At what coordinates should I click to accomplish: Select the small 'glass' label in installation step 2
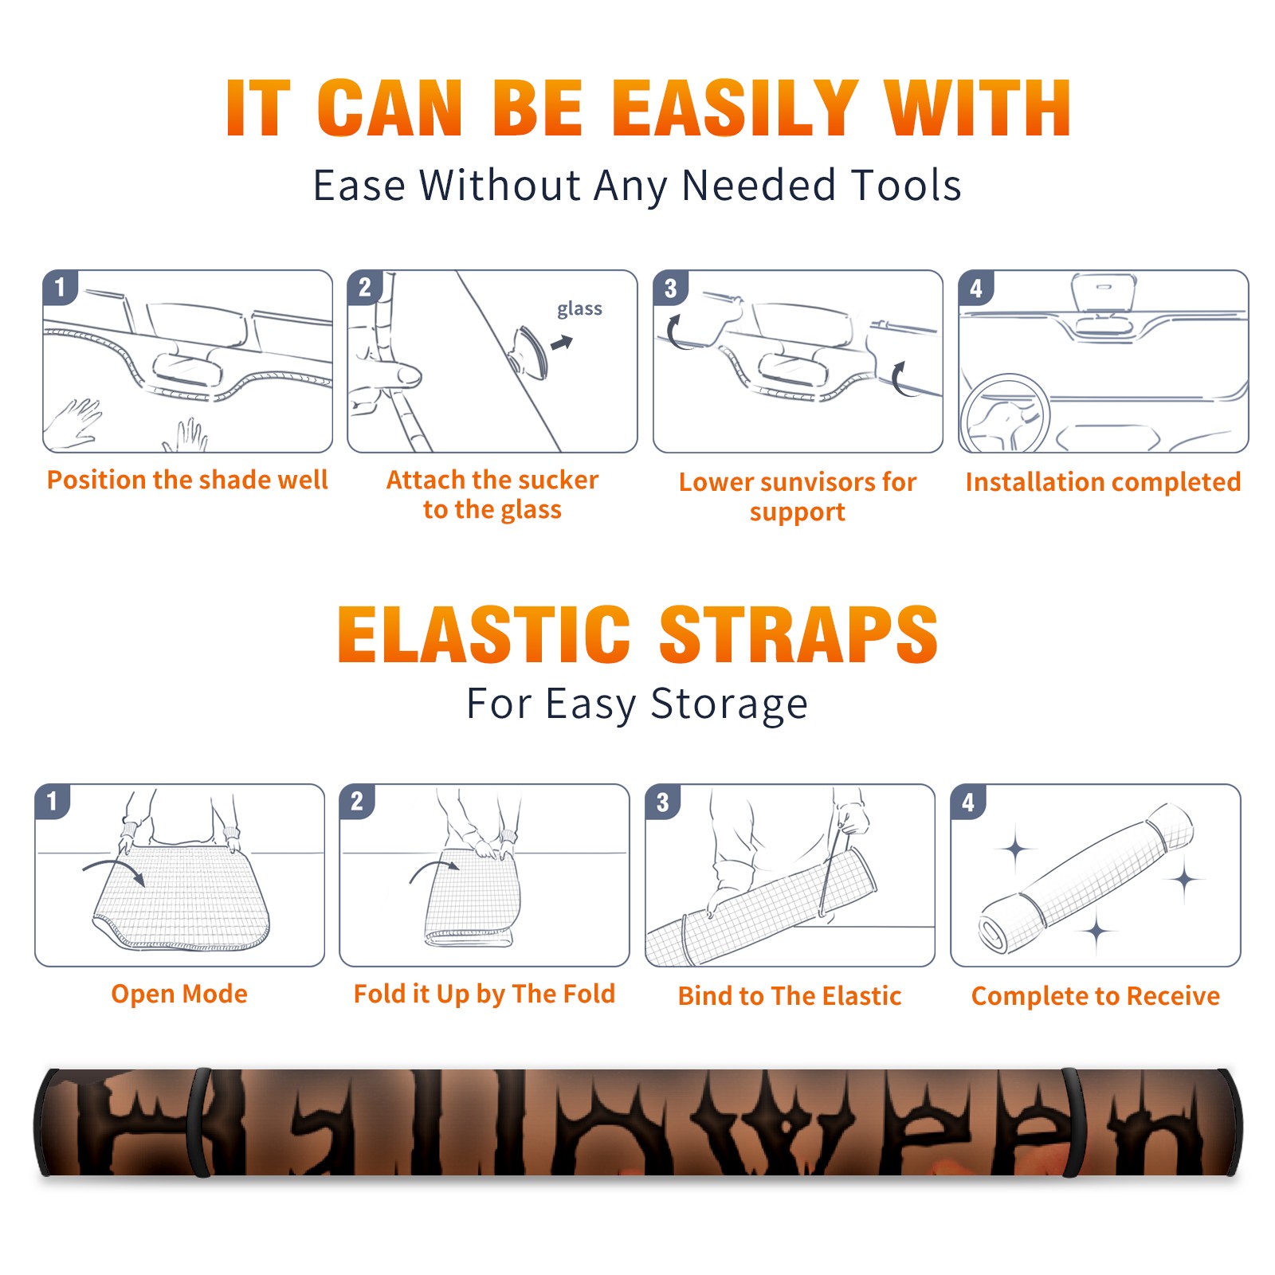pos(579,308)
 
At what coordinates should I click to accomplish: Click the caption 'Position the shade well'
pos(187,480)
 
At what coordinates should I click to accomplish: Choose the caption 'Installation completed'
pos(1103,482)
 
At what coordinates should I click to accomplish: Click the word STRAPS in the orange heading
pos(798,634)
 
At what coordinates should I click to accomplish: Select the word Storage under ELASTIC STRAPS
pos(729,704)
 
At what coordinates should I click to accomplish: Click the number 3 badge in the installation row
pos(670,288)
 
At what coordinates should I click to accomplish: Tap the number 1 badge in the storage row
pos(53,802)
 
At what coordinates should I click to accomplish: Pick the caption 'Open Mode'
pos(179,994)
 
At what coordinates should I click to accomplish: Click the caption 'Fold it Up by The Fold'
pos(484,994)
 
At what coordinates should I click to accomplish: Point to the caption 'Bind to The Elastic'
pos(790,996)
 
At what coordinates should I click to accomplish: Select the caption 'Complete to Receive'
pos(1096,996)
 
